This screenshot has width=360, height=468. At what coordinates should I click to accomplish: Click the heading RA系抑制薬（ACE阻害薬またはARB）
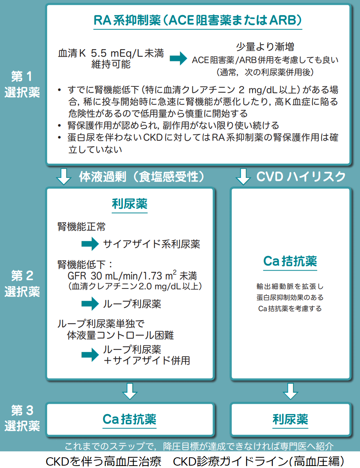point(198,20)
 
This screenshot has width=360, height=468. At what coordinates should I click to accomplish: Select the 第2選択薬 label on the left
point(22,283)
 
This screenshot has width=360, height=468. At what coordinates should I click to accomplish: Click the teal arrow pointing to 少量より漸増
point(178,59)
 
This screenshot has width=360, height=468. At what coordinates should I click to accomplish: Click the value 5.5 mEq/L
point(111,53)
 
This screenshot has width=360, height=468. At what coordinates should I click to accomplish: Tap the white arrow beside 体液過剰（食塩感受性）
point(64,176)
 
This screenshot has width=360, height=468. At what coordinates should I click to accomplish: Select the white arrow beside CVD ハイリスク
point(243,176)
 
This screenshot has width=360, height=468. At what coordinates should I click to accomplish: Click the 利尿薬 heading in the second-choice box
point(129,204)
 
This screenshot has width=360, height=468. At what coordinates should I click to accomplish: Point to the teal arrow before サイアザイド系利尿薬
point(90,244)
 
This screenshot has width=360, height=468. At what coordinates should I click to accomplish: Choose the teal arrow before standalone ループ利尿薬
point(90,304)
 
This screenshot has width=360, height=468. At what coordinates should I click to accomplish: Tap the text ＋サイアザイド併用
point(146,361)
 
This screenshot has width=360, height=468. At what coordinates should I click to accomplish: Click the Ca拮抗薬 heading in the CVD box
point(290,262)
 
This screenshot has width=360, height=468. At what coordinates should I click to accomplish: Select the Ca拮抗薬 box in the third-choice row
point(129,419)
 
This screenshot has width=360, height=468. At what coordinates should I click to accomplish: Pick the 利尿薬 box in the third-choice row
point(290,419)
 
